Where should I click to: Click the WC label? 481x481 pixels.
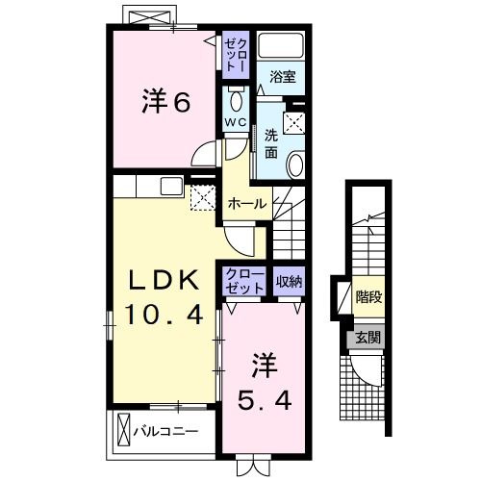click(236, 121)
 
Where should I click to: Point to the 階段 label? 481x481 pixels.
click(366, 297)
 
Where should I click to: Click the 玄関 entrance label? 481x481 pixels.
click(365, 337)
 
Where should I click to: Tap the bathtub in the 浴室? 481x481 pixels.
click(283, 46)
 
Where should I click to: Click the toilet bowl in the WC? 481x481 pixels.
click(237, 100)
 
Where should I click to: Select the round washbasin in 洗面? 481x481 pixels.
click(295, 164)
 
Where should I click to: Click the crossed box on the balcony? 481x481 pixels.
click(123, 428)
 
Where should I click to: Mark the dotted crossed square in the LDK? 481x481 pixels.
click(202, 198)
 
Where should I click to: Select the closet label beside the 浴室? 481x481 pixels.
click(236, 52)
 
